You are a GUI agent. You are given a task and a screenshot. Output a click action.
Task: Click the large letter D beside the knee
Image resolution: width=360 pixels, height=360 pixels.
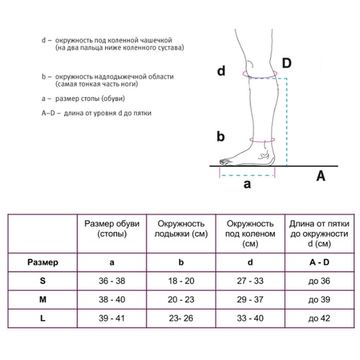pyautogui.click(x=287, y=63)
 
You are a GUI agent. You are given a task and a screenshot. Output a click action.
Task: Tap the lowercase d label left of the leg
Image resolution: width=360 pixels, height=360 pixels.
pyautogui.click(x=221, y=71)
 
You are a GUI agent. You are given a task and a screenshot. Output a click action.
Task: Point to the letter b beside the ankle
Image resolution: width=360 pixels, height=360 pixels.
pyautogui.click(x=220, y=136)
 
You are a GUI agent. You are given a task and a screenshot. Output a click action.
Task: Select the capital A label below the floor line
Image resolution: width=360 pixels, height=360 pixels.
pyautogui.click(x=320, y=176)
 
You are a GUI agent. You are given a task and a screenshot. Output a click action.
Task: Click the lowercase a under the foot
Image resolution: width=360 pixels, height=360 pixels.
pyautogui.click(x=247, y=184)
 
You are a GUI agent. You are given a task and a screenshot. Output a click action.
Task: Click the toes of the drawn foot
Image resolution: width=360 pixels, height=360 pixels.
pyautogui.click(x=225, y=162)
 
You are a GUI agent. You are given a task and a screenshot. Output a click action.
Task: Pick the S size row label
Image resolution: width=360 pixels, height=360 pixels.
pyautogui.click(x=42, y=281)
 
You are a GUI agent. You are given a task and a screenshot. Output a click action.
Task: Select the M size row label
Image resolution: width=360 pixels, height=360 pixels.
pyautogui.click(x=42, y=300)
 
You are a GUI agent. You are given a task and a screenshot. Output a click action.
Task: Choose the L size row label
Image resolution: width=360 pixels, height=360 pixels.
pyautogui.click(x=42, y=318)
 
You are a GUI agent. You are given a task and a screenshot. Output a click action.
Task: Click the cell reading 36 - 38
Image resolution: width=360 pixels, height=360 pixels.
pyautogui.click(x=112, y=281)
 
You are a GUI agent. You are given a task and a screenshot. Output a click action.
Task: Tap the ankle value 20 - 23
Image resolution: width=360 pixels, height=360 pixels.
pyautogui.click(x=181, y=300)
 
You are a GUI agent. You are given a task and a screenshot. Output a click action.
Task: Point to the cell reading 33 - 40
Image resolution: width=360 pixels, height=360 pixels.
pyautogui.click(x=250, y=318)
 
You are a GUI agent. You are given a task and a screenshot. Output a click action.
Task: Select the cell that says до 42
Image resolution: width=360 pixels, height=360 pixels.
pyautogui.click(x=319, y=318)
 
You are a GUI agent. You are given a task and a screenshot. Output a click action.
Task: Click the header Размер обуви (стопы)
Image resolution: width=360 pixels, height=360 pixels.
pyautogui.click(x=112, y=228)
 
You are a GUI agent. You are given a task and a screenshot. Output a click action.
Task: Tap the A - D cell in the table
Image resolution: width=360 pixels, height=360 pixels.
pyautogui.click(x=319, y=262)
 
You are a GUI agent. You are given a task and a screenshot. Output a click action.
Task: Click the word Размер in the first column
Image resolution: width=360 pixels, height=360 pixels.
pyautogui.click(x=42, y=262)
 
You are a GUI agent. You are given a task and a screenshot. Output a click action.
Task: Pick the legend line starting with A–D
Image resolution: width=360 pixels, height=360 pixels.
pyautogui.click(x=96, y=113)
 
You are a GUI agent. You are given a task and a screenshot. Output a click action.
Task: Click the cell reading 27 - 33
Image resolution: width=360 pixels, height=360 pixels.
pyautogui.click(x=250, y=281)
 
